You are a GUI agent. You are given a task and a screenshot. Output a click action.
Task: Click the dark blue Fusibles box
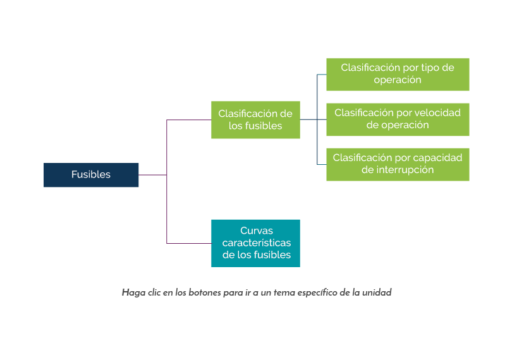click(x=91, y=175)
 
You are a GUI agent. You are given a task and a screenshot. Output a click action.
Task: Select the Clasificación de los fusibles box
click(x=255, y=120)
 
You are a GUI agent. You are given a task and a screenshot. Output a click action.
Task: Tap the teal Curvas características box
click(x=255, y=243)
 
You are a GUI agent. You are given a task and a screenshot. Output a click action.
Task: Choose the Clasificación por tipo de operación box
click(x=398, y=74)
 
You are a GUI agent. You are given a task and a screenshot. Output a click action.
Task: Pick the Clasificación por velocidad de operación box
click(x=398, y=119)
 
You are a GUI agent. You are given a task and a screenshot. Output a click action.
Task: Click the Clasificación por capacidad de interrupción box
click(x=398, y=164)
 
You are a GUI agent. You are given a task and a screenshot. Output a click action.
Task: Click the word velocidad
click(x=438, y=112)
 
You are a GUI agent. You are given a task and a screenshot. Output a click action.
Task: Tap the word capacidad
click(x=439, y=157)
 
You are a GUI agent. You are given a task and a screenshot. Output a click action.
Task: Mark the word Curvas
click(x=255, y=231)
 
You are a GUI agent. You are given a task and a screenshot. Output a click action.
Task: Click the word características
click(x=257, y=243)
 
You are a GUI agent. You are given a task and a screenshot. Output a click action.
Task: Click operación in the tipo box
click(x=398, y=80)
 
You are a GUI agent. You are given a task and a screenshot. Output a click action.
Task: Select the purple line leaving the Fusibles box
click(x=152, y=175)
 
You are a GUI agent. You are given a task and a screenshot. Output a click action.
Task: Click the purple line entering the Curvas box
click(x=189, y=243)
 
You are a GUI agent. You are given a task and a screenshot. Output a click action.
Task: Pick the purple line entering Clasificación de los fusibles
click(x=189, y=120)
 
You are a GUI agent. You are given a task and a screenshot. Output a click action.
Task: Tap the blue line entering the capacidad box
click(x=322, y=164)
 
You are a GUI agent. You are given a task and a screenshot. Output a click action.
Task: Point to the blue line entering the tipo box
click(x=322, y=75)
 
